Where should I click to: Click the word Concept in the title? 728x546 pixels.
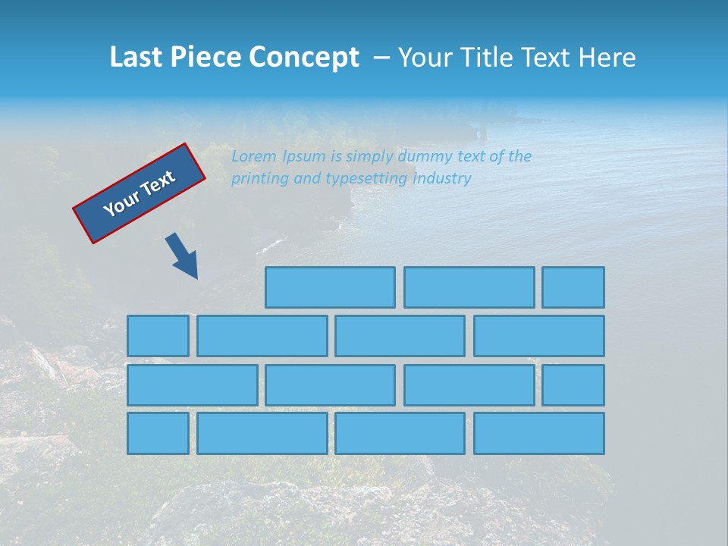pos(305,58)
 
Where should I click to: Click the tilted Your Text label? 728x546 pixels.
pos(140,193)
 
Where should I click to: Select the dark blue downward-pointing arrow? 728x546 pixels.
pos(183,256)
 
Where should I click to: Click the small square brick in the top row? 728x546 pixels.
pos(573,287)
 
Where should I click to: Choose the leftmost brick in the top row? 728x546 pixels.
pos(330,287)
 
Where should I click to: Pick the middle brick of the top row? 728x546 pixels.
pos(469,287)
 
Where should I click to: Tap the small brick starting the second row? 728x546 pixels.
pos(158,336)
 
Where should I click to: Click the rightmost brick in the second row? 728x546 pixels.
pos(539,336)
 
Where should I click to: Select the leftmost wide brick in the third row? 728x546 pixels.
pos(192,385)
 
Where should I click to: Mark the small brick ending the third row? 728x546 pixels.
pos(573,385)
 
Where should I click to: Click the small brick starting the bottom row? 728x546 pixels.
pos(158,434)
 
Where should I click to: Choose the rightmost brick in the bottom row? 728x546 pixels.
pos(539,434)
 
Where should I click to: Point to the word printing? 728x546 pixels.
pos(259,179)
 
